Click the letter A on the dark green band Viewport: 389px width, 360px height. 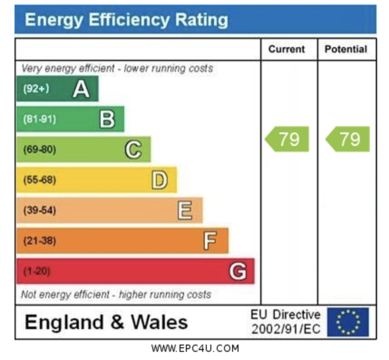(x=81, y=89)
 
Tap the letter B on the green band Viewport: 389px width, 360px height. (x=107, y=119)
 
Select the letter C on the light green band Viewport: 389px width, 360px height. (x=133, y=150)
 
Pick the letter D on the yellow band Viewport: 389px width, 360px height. (x=159, y=180)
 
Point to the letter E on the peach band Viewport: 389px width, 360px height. (x=185, y=210)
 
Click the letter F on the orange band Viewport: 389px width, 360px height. (x=209, y=241)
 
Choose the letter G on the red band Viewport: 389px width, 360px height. (x=238, y=271)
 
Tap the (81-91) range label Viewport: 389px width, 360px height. (x=39, y=119)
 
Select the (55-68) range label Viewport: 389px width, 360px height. (x=39, y=180)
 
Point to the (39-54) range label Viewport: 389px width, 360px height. (x=39, y=210)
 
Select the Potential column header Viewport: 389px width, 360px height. (x=346, y=49)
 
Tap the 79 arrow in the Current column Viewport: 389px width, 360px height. (x=287, y=139)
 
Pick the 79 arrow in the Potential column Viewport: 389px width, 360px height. (x=348, y=139)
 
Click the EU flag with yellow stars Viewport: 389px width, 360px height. (x=348, y=322)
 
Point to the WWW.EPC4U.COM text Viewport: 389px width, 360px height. (x=195, y=349)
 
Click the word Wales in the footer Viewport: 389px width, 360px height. (x=159, y=322)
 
